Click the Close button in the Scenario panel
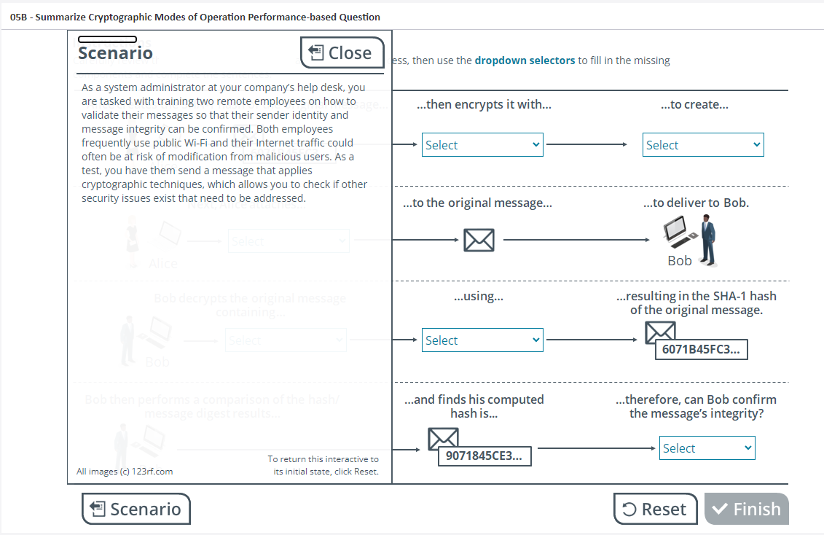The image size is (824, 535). click(342, 52)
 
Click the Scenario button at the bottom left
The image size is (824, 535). click(136, 509)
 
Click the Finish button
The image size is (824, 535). click(746, 509)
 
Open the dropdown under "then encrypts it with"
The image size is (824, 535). click(482, 145)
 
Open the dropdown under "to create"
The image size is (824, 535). click(703, 145)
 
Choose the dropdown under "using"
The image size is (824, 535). click(482, 340)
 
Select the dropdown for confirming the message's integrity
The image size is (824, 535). click(707, 448)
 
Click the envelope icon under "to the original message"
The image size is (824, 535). click(479, 240)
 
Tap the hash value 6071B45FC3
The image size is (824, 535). click(700, 350)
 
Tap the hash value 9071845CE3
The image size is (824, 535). click(484, 456)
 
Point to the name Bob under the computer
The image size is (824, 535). click(679, 261)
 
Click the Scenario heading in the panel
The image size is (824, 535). click(115, 53)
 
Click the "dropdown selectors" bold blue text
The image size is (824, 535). click(525, 60)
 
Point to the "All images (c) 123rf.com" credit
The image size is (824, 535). click(125, 472)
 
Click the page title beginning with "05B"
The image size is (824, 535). click(195, 17)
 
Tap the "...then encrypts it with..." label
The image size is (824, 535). click(484, 105)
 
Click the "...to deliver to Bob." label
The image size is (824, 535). click(696, 203)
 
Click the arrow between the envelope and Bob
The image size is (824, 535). click(576, 240)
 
